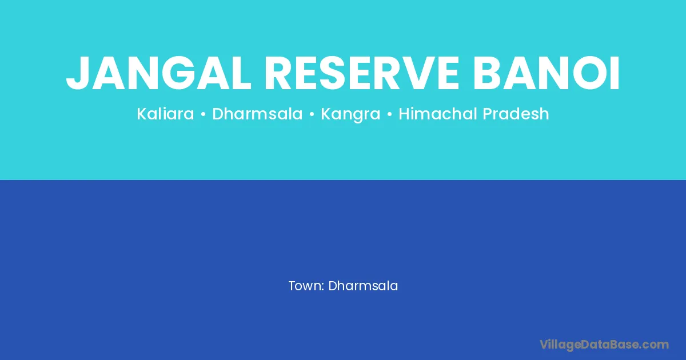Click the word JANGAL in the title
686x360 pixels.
[159, 74]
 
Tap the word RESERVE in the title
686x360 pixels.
[362, 74]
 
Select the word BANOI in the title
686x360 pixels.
[547, 74]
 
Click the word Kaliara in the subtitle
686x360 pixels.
[165, 114]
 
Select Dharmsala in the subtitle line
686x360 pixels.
[257, 114]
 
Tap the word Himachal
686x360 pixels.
[438, 114]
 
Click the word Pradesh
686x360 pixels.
[516, 114]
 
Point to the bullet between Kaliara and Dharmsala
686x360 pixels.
[203, 114]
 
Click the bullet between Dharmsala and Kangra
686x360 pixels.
[312, 114]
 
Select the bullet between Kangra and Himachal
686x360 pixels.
[389, 114]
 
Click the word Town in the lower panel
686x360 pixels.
[306, 286]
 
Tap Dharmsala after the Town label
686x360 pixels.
[363, 286]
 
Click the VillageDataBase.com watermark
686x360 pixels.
[604, 345]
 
